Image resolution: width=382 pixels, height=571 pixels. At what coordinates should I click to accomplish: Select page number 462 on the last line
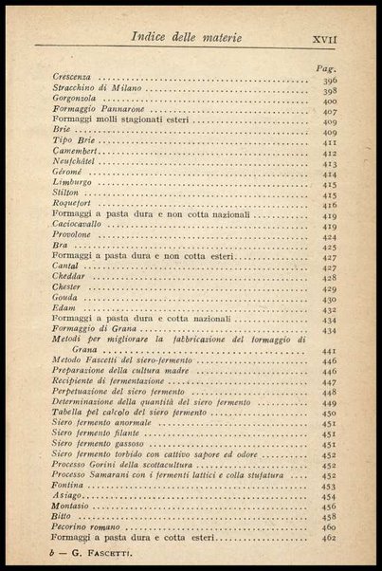point(329,539)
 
